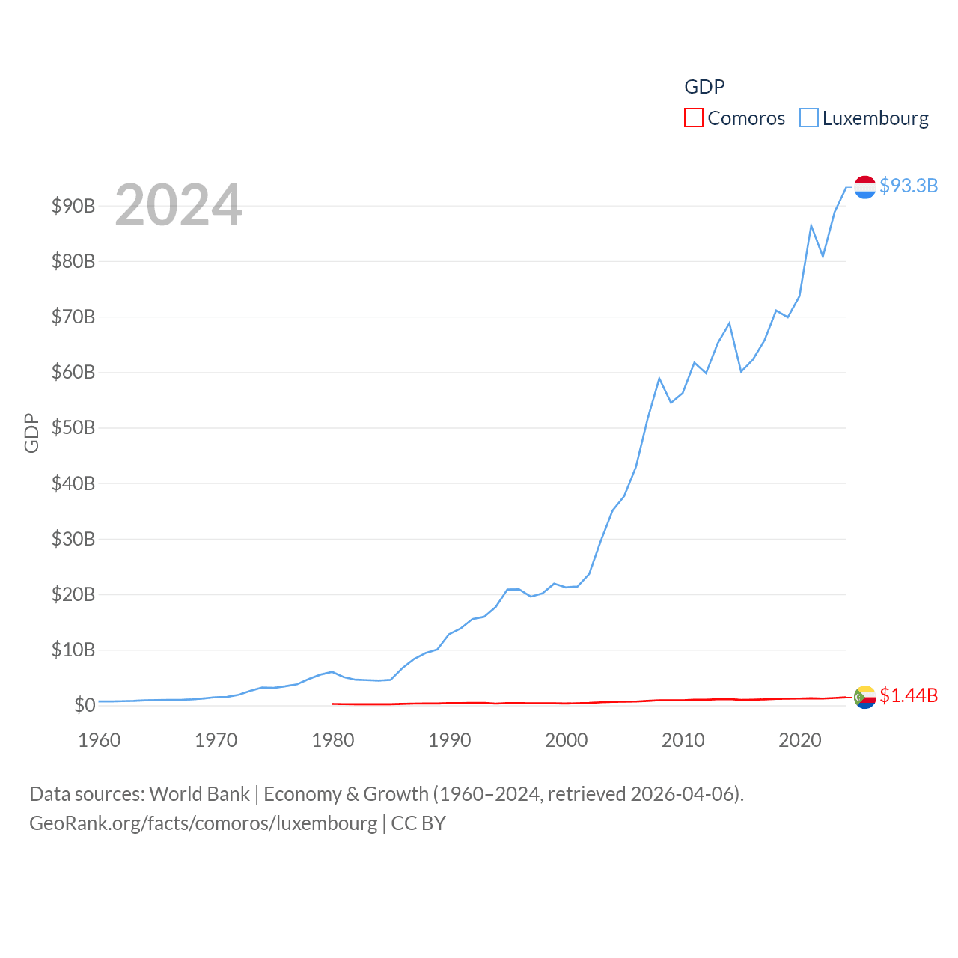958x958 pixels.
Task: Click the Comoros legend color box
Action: [694, 118]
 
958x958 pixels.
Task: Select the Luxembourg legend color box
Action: [809, 118]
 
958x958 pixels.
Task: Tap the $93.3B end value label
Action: [909, 186]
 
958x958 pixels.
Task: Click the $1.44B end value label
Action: [909, 695]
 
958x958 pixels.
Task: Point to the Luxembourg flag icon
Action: [865, 187]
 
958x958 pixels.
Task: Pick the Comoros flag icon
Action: [865, 697]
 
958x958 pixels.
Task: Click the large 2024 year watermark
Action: [179, 205]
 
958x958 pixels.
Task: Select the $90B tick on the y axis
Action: [73, 206]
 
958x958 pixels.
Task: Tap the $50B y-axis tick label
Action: [73, 427]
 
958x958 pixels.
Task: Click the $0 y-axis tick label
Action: [85, 705]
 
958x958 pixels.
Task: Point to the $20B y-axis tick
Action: [73, 594]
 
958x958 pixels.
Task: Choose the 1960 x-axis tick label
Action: [100, 740]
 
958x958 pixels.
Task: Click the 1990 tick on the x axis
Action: [450, 740]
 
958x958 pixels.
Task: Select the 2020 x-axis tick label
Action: [800, 740]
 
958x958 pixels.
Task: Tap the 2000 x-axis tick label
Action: [567, 740]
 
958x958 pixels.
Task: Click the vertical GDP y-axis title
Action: [31, 433]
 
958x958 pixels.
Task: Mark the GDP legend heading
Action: [704, 87]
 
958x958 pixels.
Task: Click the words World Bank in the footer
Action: [199, 793]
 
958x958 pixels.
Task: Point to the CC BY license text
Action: [418, 823]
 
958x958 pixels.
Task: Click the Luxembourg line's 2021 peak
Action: [811, 225]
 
